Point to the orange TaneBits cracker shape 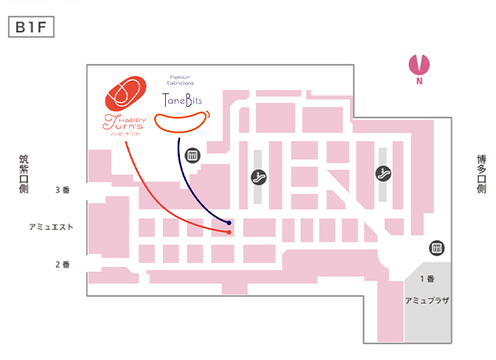pyautogui.click(x=183, y=122)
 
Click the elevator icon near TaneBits pyautogui.click(x=193, y=155)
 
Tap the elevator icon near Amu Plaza pyautogui.click(x=436, y=248)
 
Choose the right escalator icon pyautogui.click(x=383, y=173)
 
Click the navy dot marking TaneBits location pyautogui.click(x=229, y=222)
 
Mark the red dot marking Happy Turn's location pyautogui.click(x=229, y=232)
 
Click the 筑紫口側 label pyautogui.click(x=24, y=174)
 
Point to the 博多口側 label pyautogui.click(x=481, y=174)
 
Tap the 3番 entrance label pyautogui.click(x=62, y=190)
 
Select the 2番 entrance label pyautogui.click(x=62, y=264)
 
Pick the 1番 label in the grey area pyautogui.click(x=427, y=278)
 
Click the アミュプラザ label pyautogui.click(x=427, y=302)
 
